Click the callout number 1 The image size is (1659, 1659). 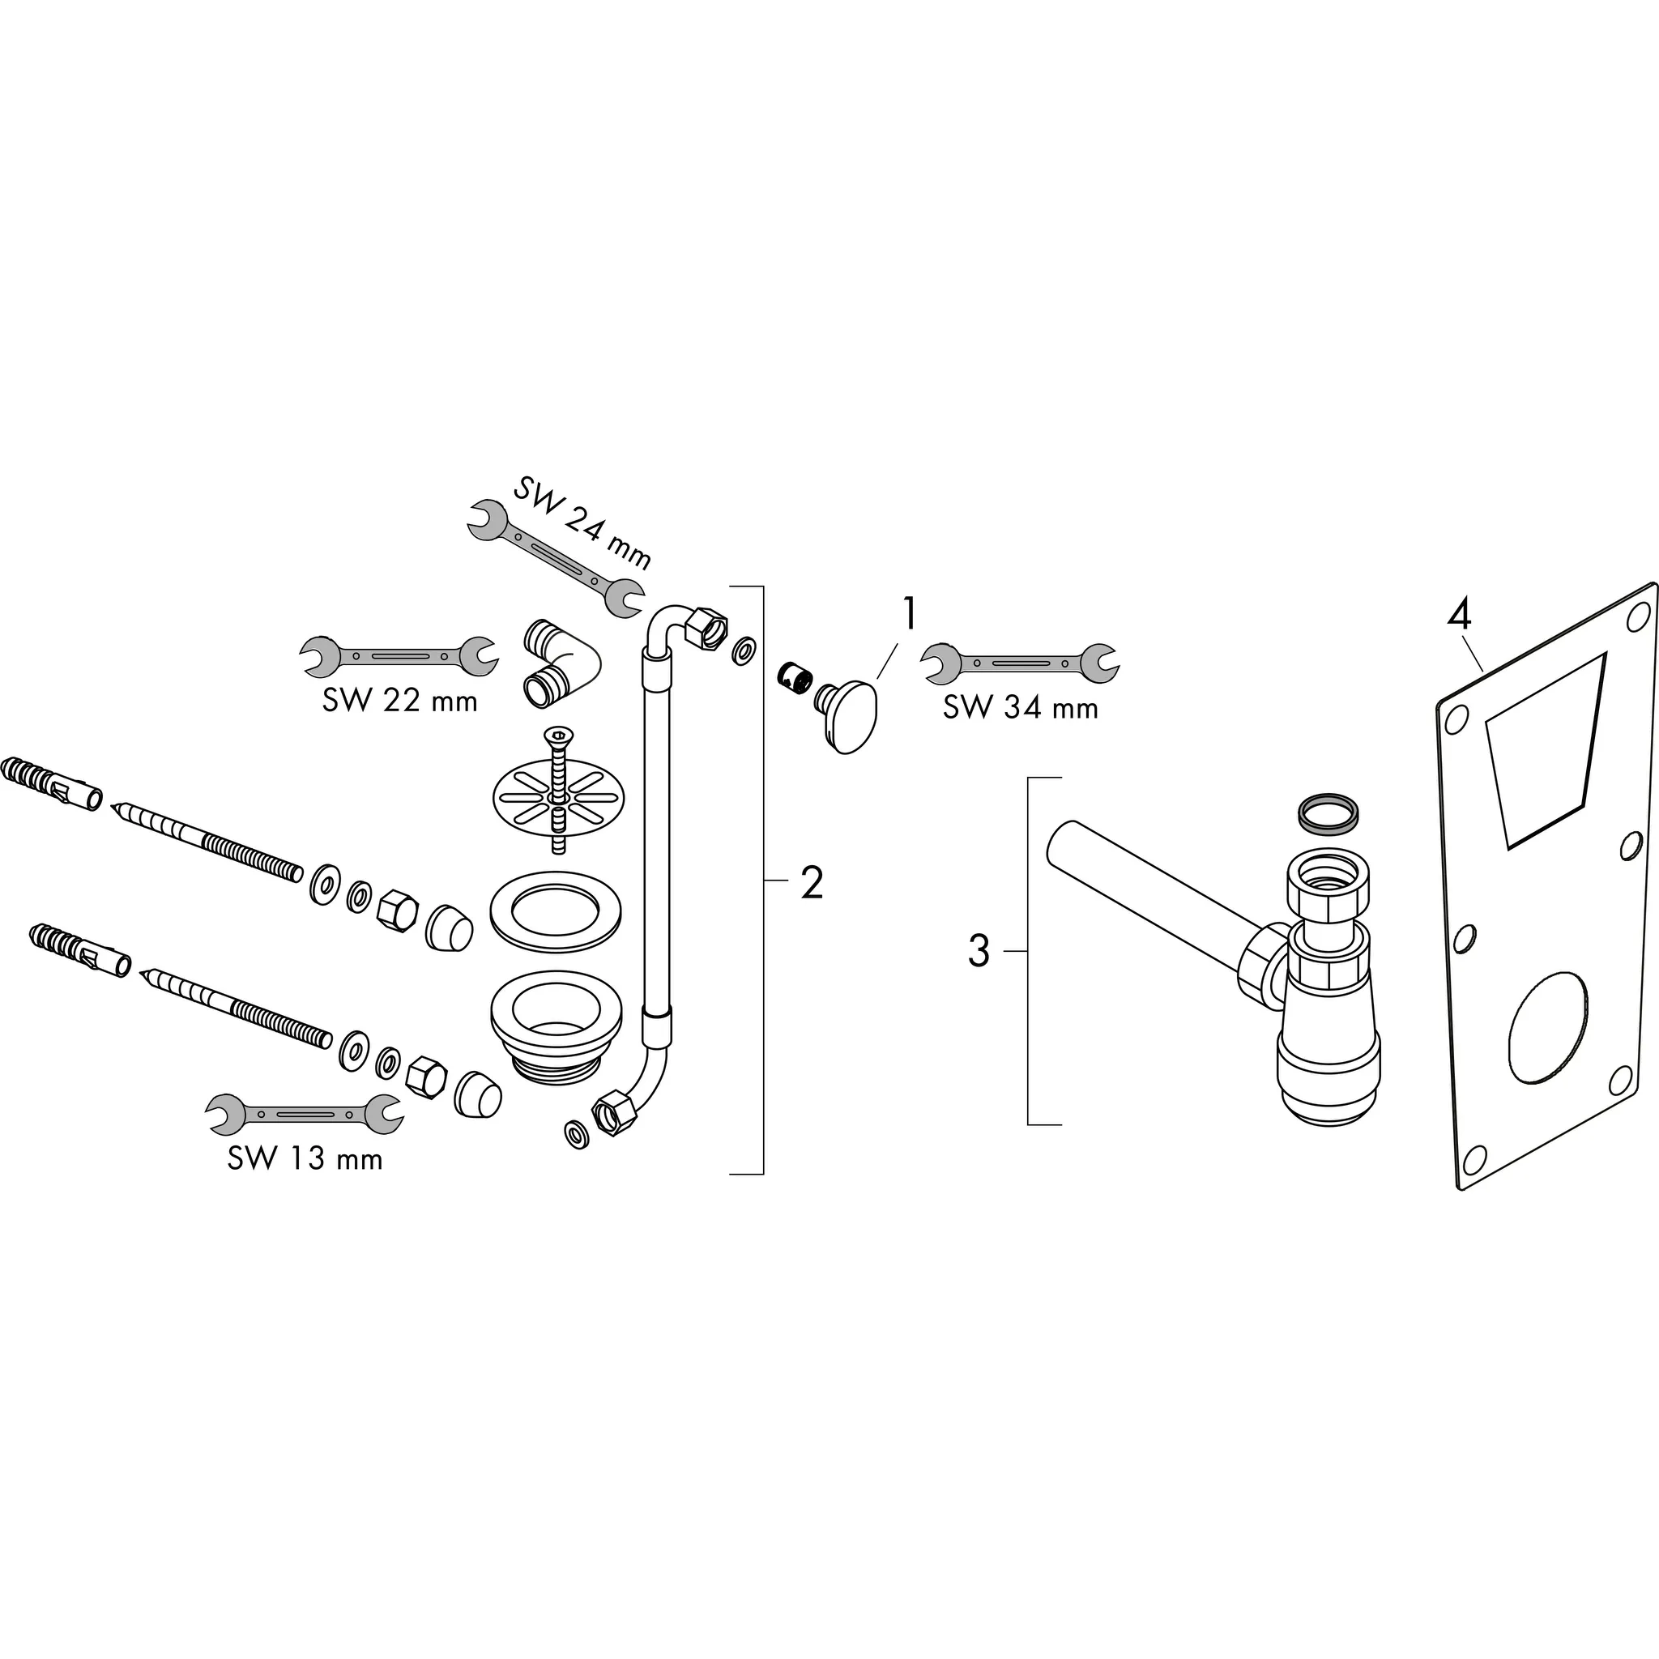tap(909, 616)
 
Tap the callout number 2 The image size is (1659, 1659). tap(812, 883)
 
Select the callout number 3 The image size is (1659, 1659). tap(979, 952)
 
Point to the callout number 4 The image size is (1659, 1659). tap(1460, 615)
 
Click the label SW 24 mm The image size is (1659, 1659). tap(582, 524)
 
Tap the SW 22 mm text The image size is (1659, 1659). tap(400, 701)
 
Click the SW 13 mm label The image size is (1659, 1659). tap(305, 1159)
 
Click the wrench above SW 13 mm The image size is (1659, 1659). tap(304, 1114)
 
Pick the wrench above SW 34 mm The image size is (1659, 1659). tap(1020, 662)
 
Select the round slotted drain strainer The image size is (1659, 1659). tap(558, 799)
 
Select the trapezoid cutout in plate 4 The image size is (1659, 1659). tap(1546, 746)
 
